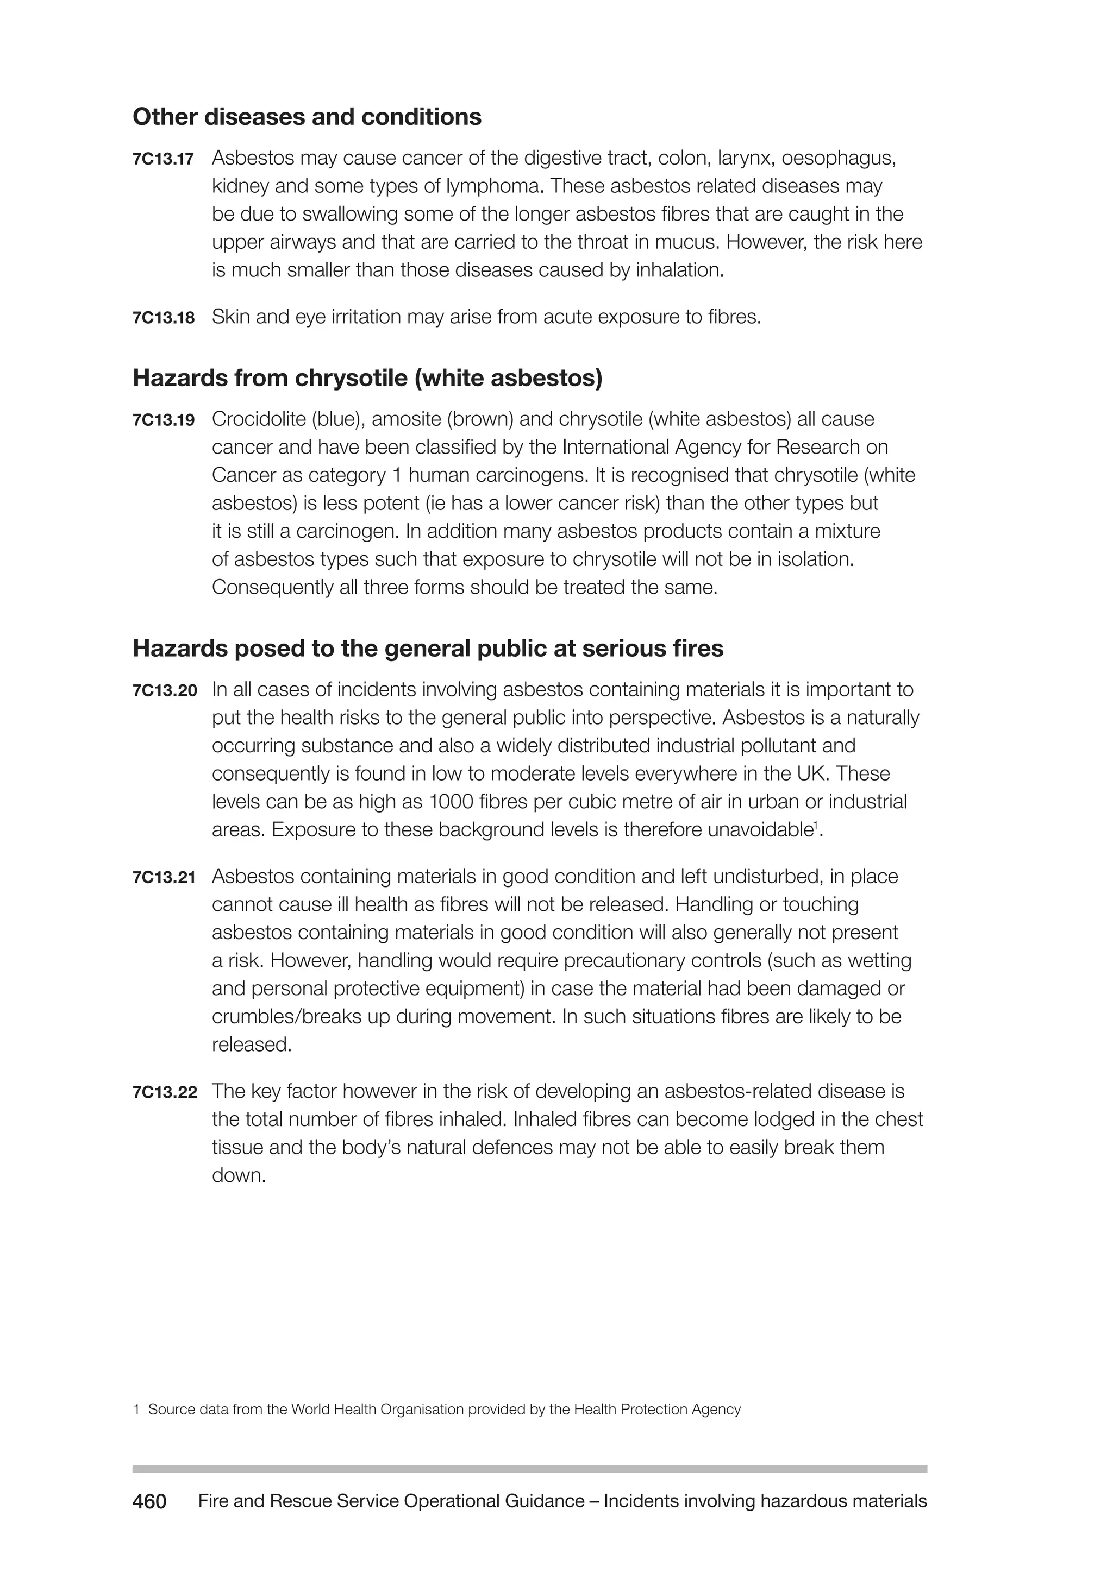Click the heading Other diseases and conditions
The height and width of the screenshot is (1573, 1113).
307,117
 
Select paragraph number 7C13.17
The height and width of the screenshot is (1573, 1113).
163,160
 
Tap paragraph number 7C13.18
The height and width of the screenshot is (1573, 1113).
163,318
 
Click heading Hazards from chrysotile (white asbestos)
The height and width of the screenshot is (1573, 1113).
367,377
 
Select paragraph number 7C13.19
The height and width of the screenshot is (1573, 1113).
163,420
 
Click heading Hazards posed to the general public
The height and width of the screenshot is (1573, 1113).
428,648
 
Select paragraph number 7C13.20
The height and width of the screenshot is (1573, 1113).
165,690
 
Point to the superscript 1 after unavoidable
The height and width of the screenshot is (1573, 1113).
815,826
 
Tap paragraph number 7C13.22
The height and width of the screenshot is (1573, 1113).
165,1092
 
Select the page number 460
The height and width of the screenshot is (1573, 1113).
149,1502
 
